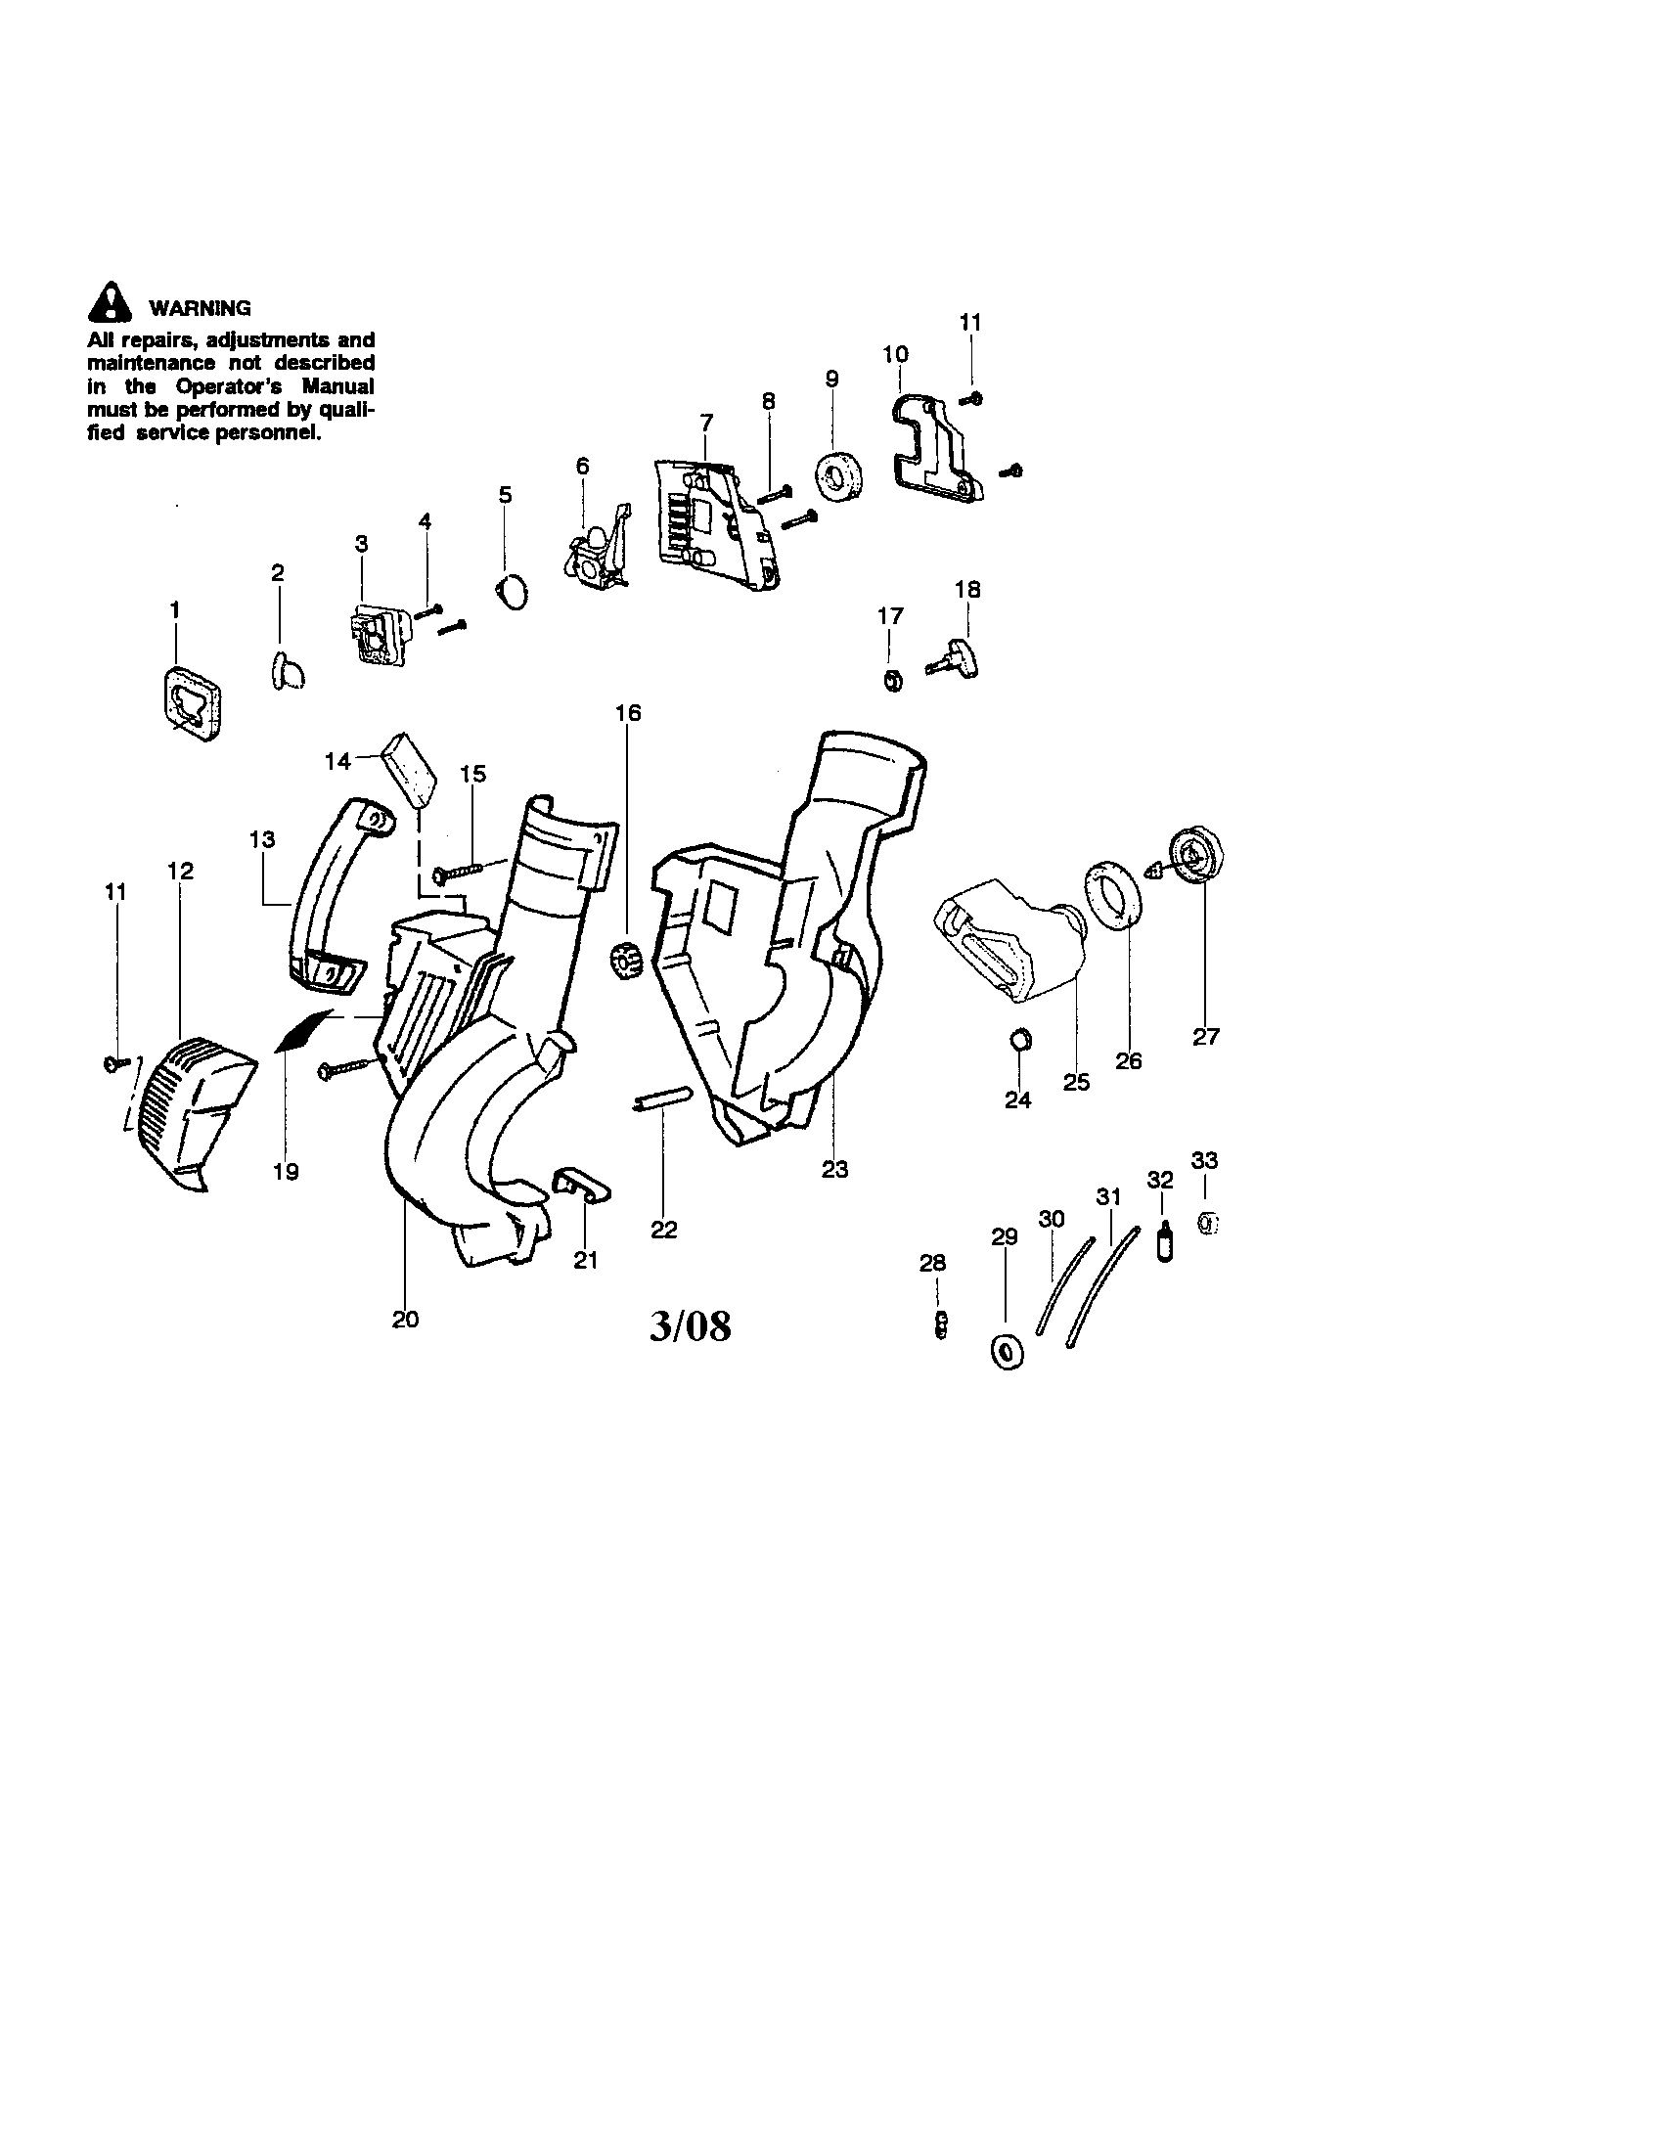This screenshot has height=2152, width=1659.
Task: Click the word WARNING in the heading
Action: [x=200, y=308]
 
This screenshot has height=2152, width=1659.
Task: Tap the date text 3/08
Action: [x=691, y=1327]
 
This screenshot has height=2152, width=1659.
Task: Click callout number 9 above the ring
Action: [x=831, y=379]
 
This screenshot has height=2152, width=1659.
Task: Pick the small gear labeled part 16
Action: [x=625, y=959]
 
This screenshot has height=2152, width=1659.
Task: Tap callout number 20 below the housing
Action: [x=405, y=1320]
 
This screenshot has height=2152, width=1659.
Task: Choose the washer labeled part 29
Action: [x=1005, y=1351]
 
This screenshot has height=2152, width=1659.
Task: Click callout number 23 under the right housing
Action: [x=834, y=1170]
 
